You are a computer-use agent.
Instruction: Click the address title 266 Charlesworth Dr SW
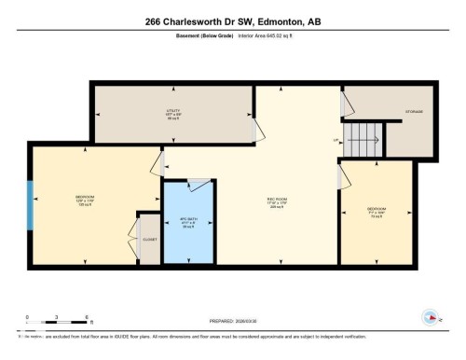tap(232, 21)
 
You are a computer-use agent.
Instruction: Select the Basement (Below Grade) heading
tap(203, 36)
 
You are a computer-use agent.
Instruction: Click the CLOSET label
tap(149, 240)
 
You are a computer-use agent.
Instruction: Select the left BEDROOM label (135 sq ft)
tap(85, 200)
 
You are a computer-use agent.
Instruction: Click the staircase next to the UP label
tap(364, 141)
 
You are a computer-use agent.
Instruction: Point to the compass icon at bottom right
tap(430, 315)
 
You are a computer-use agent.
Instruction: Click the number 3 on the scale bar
tap(57, 317)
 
